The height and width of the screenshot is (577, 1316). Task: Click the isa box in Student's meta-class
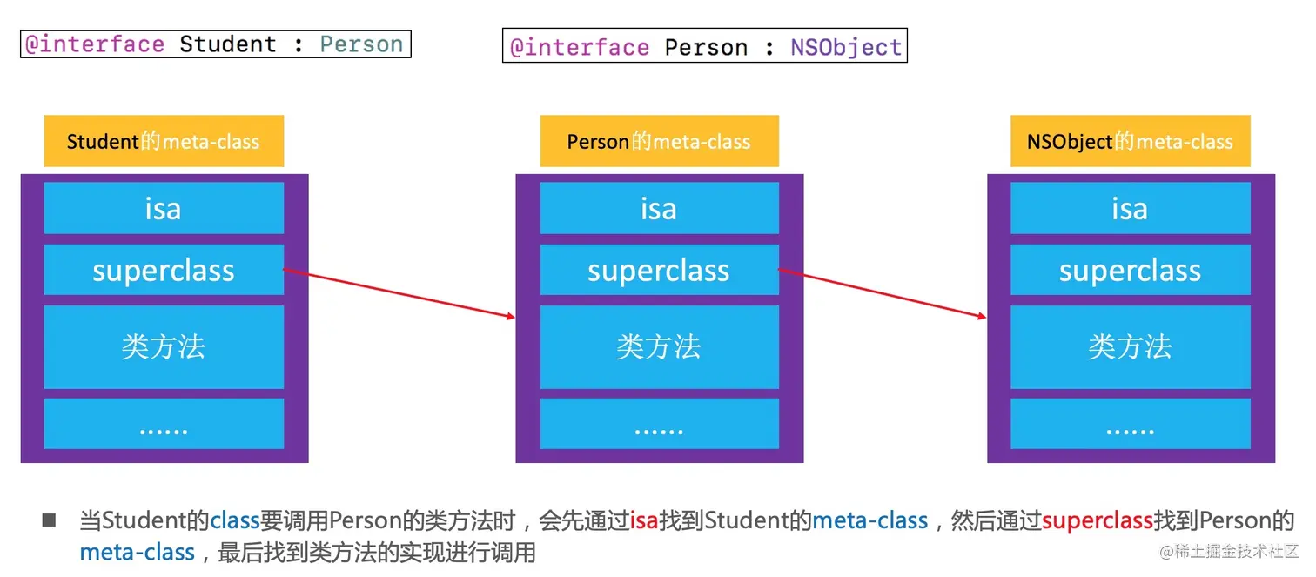pyautogui.click(x=164, y=208)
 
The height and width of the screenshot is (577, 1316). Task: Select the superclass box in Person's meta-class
pyautogui.click(x=659, y=270)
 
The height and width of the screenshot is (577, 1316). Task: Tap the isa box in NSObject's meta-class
pyautogui.click(x=1131, y=208)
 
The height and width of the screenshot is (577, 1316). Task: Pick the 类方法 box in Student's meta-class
pyautogui.click(x=164, y=346)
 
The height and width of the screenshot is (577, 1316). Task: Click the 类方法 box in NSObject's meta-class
pyautogui.click(x=1131, y=346)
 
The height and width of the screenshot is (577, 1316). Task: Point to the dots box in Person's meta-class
pyautogui.click(x=659, y=424)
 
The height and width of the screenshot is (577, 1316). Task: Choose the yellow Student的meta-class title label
pyautogui.click(x=164, y=141)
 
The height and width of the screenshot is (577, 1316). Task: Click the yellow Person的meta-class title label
pyautogui.click(x=659, y=141)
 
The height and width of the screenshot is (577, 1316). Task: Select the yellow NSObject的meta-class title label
pyautogui.click(x=1131, y=141)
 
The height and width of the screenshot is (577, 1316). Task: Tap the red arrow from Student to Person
pyautogui.click(x=399, y=293)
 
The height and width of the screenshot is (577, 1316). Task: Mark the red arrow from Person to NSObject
pyautogui.click(x=883, y=293)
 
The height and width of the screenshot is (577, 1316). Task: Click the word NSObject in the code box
pyautogui.click(x=846, y=47)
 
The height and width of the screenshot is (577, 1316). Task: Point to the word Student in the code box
pyautogui.click(x=228, y=44)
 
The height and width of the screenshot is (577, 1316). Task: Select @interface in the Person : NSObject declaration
pyautogui.click(x=580, y=48)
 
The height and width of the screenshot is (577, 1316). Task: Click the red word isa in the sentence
pyautogui.click(x=644, y=520)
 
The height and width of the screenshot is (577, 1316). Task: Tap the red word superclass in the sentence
pyautogui.click(x=1098, y=521)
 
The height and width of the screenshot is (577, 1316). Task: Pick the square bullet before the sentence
pyautogui.click(x=49, y=520)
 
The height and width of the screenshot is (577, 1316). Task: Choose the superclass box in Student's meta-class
pyautogui.click(x=164, y=270)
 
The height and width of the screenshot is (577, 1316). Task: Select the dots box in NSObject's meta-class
pyautogui.click(x=1131, y=424)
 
